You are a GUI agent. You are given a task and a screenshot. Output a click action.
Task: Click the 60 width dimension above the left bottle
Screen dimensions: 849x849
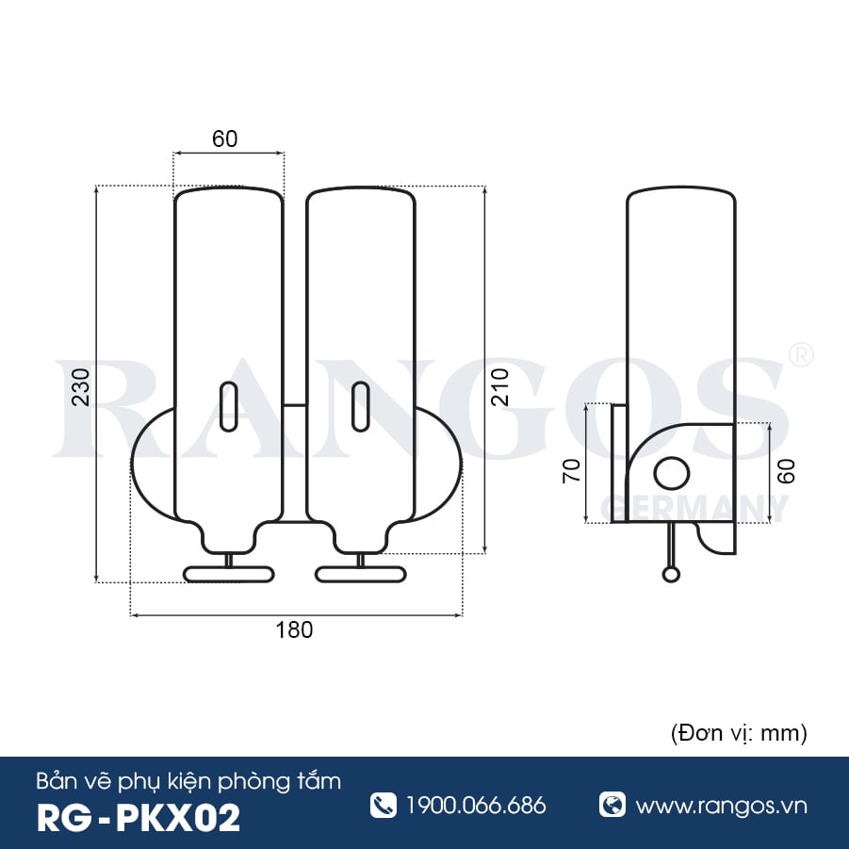[224, 139]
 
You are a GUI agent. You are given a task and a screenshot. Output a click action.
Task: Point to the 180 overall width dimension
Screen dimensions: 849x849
[294, 630]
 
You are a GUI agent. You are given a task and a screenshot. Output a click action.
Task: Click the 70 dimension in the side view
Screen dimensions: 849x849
[571, 468]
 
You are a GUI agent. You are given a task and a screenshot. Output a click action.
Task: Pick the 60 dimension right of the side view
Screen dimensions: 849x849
[787, 470]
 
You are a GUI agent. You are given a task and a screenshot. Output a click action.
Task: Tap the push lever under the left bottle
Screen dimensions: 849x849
[228, 573]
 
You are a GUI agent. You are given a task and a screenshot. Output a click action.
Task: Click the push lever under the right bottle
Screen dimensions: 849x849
[360, 573]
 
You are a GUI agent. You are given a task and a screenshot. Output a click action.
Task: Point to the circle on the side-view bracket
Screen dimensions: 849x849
[672, 473]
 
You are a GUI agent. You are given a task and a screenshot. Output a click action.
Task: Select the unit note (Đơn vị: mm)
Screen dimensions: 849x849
[738, 732]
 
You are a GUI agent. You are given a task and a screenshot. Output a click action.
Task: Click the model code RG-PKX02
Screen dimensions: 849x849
[138, 817]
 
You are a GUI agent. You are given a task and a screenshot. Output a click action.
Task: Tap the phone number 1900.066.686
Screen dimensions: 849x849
[476, 806]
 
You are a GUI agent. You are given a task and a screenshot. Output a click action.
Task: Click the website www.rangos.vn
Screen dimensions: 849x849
[721, 806]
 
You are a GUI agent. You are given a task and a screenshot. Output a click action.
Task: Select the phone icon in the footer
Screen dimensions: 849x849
[384, 805]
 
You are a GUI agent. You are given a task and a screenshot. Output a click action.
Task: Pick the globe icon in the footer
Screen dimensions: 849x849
[612, 805]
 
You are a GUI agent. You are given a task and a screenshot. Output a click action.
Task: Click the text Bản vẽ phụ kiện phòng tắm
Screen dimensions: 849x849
[188, 780]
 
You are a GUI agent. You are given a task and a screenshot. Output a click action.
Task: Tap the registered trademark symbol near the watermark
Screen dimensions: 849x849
[800, 354]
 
